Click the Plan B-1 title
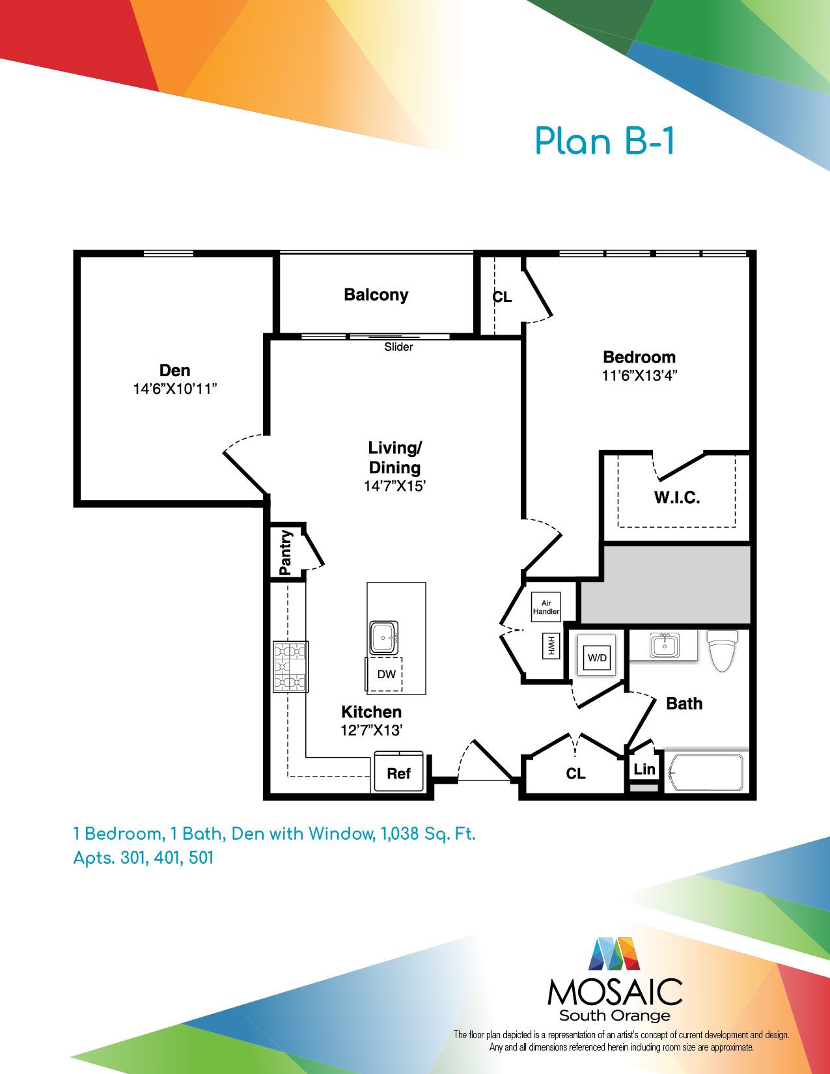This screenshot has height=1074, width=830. (605, 141)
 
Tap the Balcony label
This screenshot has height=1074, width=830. (376, 295)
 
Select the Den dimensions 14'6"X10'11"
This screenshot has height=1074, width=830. (175, 389)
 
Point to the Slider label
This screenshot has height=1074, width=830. (398, 347)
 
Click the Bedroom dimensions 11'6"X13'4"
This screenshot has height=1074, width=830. (639, 376)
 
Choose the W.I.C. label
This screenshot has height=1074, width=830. (677, 497)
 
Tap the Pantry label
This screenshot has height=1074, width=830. (286, 552)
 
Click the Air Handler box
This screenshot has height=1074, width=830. (546, 607)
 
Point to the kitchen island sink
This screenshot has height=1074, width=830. (383, 638)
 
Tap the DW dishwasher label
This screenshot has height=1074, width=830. (387, 674)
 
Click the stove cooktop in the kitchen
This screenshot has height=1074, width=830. (291, 667)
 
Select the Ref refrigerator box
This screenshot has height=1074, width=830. (398, 771)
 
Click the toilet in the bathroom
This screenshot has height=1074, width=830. (722, 650)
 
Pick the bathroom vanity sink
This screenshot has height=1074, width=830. (665, 646)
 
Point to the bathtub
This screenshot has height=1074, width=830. (706, 772)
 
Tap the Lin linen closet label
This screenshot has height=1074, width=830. (644, 769)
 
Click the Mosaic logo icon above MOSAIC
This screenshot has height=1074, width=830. (614, 954)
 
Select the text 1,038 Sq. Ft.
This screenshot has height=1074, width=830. (428, 834)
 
